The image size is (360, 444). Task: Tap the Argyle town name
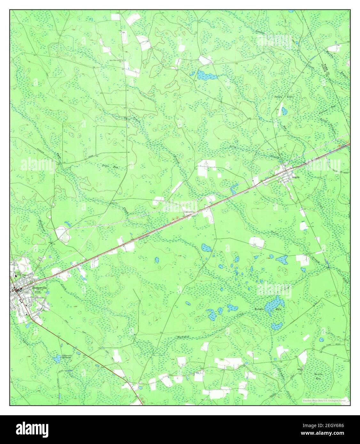(296, 176)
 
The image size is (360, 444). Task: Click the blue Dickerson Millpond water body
(57, 360)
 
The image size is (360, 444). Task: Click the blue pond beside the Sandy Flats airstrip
(284, 111)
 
